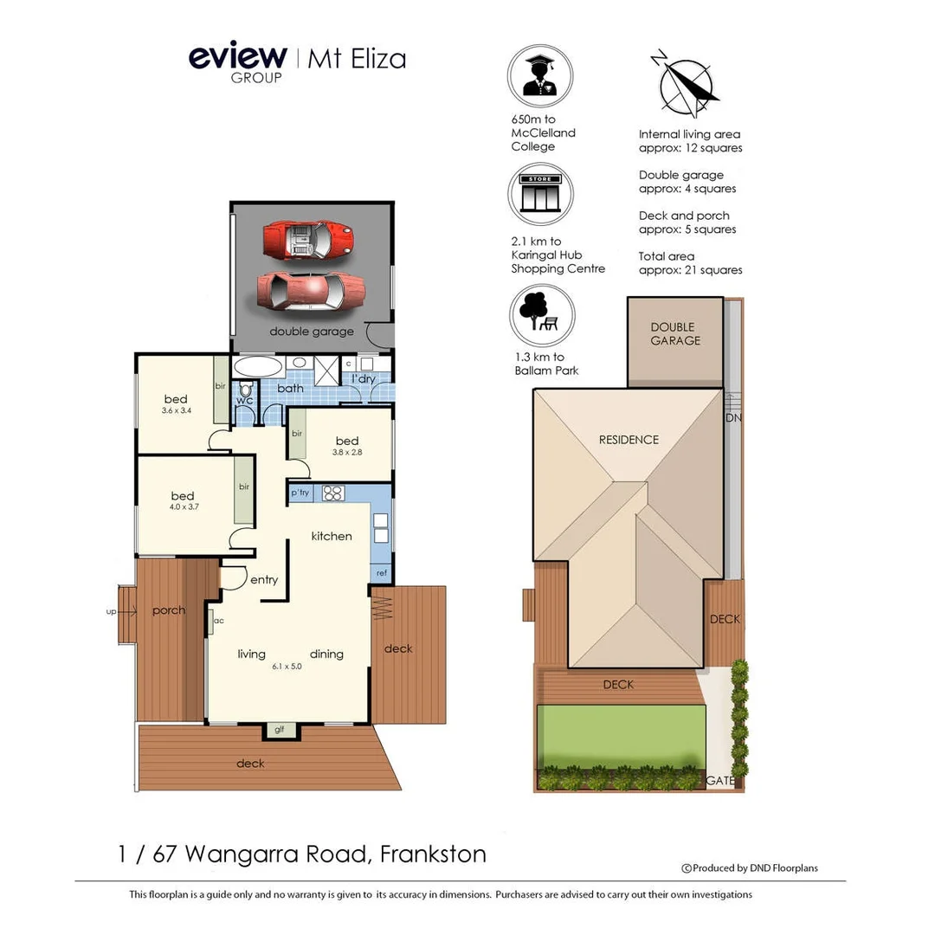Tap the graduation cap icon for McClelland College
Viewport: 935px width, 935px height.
540,77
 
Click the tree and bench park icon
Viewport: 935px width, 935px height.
540,316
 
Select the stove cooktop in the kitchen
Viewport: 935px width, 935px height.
333,493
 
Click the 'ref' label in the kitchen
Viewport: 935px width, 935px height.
381,572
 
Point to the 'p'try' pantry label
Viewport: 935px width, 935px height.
300,493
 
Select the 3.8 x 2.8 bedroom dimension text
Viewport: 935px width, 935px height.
347,453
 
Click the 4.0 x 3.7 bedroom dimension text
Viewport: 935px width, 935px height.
183,507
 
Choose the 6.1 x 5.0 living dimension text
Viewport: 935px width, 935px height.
287,666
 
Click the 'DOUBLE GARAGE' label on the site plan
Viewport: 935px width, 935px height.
674,334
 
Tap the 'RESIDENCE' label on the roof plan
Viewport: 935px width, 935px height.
629,440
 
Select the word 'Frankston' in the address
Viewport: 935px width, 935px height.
432,854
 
